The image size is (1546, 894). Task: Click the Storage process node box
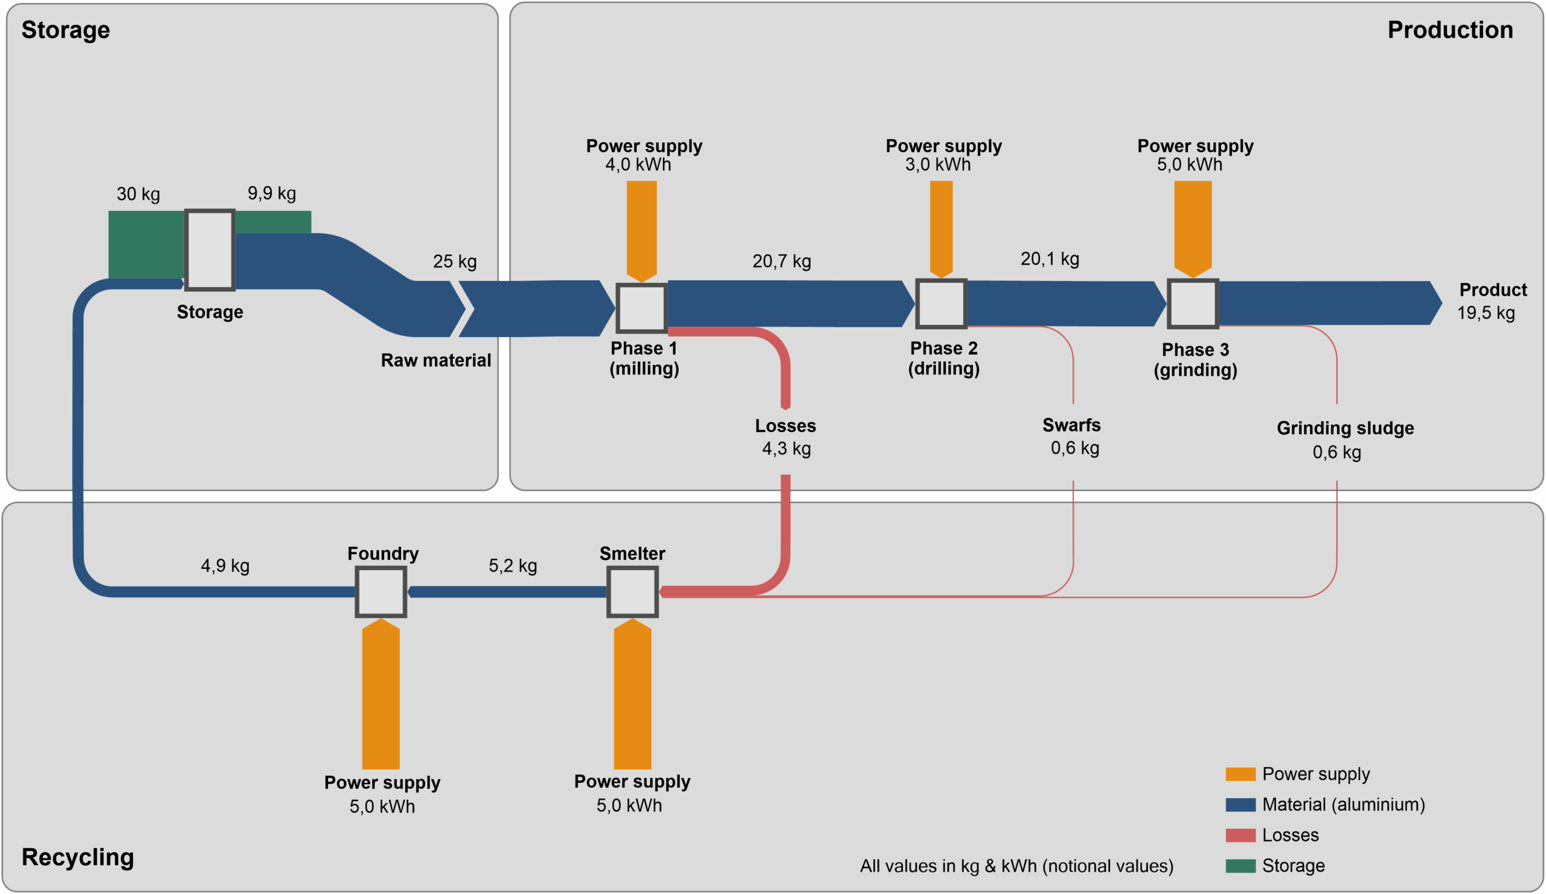click(x=210, y=249)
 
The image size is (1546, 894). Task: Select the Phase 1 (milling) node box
click(x=641, y=307)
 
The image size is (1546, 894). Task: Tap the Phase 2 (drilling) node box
click(x=941, y=303)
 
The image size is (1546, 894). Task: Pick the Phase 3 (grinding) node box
click(x=1193, y=303)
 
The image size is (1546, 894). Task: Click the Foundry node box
click(x=381, y=591)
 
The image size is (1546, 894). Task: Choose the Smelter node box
click(x=632, y=591)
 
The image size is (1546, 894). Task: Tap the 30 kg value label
click(x=138, y=194)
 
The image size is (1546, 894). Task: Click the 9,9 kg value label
click(x=272, y=193)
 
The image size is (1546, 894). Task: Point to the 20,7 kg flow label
click(x=781, y=262)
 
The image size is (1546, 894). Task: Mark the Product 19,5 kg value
click(x=1486, y=313)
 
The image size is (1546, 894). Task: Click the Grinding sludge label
click(x=1346, y=428)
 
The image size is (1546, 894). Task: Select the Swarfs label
click(x=1072, y=425)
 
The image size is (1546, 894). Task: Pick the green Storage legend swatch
click(x=1240, y=866)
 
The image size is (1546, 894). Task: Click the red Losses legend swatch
click(x=1240, y=835)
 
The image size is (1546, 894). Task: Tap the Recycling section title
click(x=78, y=857)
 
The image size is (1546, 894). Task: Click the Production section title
click(x=1451, y=30)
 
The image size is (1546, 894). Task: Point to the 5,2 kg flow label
click(x=513, y=565)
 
